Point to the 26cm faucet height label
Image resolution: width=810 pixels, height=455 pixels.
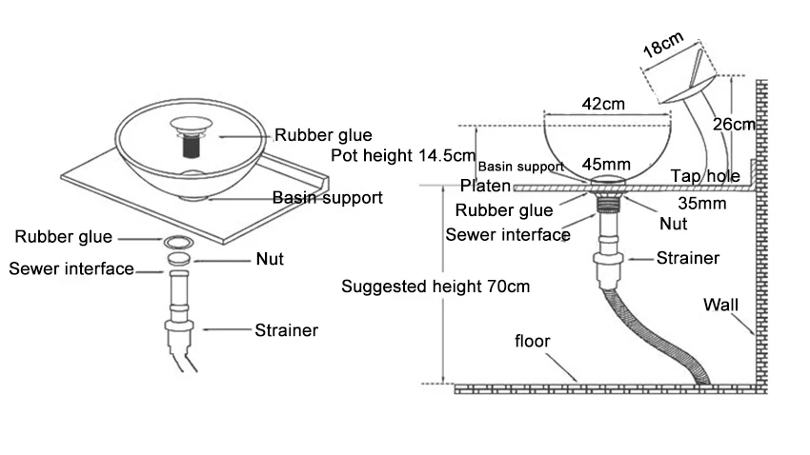coord(734,124)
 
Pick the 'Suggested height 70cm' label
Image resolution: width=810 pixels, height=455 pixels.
coord(435,286)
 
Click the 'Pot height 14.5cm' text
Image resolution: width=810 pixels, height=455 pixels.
coord(402,155)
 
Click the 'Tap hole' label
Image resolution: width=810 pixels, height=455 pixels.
coord(705,176)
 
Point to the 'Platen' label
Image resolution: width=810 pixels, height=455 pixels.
coord(485,186)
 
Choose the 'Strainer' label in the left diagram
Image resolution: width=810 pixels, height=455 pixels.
coord(286,331)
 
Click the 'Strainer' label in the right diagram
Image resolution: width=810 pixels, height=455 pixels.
coord(687,257)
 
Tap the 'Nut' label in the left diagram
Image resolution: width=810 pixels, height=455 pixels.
coord(270,258)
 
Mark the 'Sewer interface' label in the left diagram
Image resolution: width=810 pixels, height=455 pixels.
coord(71,268)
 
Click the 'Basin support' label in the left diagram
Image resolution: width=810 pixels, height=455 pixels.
coord(328,198)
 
